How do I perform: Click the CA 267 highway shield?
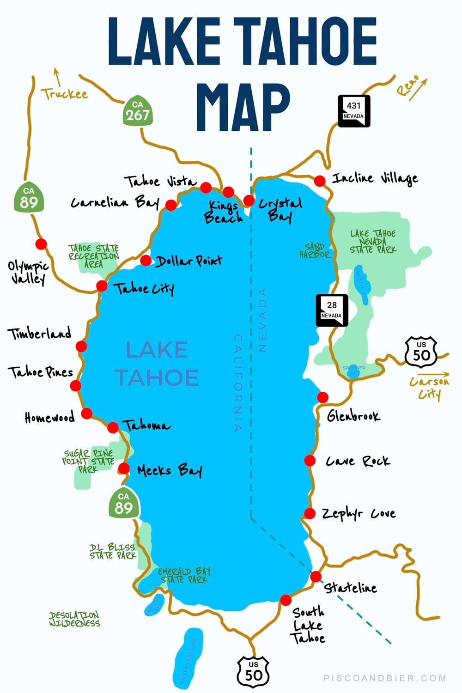coord(138,111)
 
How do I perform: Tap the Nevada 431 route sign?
coord(354,111)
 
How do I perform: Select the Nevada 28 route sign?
coord(332,310)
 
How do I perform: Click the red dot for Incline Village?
coord(320,181)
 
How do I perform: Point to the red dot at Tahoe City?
coord(102,286)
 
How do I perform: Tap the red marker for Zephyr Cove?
coord(310,513)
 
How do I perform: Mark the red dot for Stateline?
coord(316,577)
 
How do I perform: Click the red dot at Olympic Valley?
coord(41,244)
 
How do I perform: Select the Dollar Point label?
coord(188,261)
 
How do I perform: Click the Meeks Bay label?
coord(170,471)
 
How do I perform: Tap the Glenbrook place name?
coord(353,416)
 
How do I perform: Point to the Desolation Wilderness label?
coord(74,619)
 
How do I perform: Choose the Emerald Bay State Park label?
coord(184,575)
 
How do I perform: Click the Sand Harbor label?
coord(315,250)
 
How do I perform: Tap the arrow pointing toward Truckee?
coord(57,77)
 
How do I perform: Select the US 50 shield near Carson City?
coord(421,352)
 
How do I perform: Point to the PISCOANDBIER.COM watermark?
coord(385,678)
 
